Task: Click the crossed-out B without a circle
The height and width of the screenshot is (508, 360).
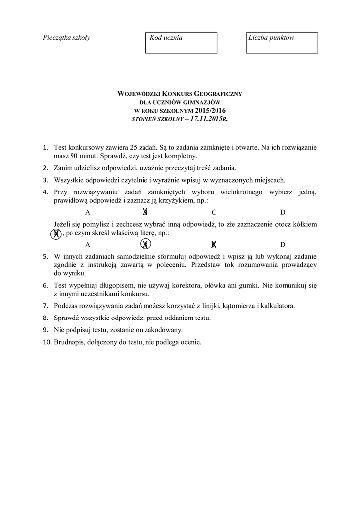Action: point(145,212)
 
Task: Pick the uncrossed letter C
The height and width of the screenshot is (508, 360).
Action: point(214,212)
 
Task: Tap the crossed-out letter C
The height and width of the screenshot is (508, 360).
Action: point(214,244)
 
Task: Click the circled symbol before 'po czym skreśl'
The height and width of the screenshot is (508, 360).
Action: point(57,233)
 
